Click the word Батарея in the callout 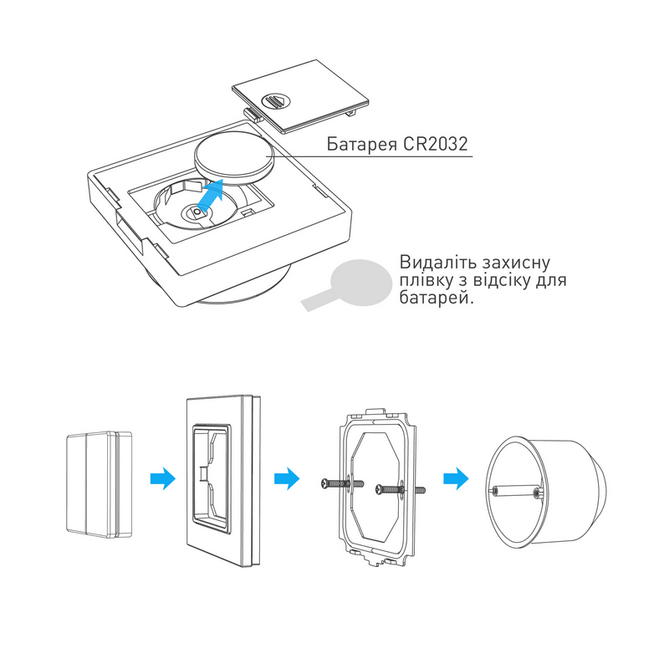[x=355, y=144]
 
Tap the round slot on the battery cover [x=275, y=100]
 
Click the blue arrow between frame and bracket [x=286, y=479]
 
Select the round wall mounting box [x=548, y=492]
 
